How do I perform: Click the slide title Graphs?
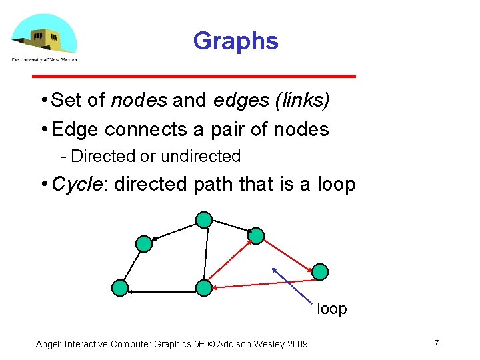[x=235, y=41]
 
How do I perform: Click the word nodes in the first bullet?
[x=139, y=100]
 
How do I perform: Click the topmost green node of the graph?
[x=204, y=219]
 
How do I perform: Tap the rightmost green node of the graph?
[x=320, y=271]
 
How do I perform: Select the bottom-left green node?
[x=119, y=287]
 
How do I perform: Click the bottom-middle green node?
[x=203, y=287]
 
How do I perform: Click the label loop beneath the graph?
[x=331, y=309]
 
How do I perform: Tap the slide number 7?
[x=436, y=342]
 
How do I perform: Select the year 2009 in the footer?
[x=295, y=344]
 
